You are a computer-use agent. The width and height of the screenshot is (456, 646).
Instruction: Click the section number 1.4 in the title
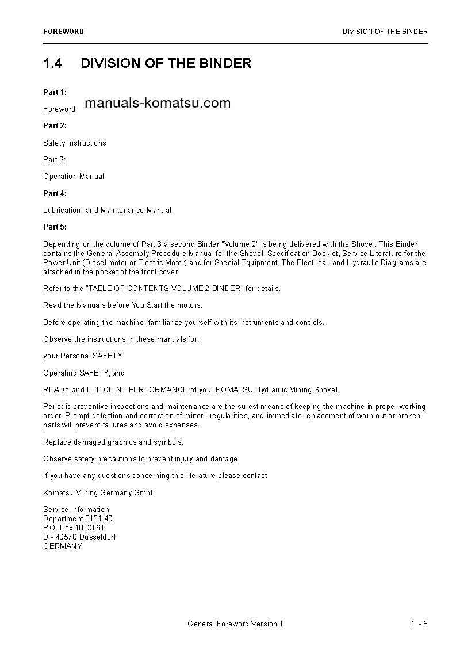(52, 63)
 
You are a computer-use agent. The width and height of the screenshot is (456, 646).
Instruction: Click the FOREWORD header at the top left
(63, 32)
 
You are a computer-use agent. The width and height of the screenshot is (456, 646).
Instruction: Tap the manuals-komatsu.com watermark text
(157, 103)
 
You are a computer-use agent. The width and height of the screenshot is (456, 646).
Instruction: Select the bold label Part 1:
(55, 92)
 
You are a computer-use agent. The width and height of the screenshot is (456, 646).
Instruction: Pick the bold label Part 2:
(55, 125)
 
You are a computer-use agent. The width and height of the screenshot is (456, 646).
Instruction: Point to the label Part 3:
(54, 159)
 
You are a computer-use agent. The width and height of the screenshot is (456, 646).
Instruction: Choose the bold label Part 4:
(55, 193)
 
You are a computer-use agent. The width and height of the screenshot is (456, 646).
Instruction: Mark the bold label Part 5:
(55, 227)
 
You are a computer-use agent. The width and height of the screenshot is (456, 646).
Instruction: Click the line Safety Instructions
(75, 143)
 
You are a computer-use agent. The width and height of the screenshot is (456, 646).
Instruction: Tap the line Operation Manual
(74, 177)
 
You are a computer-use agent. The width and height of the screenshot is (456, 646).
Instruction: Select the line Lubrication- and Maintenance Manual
(107, 211)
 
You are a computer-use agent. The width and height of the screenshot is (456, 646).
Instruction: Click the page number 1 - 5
(419, 624)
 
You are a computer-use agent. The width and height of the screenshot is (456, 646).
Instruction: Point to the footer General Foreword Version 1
(235, 624)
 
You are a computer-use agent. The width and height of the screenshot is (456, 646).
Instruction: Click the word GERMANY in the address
(63, 546)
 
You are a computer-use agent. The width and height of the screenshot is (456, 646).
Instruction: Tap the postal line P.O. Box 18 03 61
(74, 528)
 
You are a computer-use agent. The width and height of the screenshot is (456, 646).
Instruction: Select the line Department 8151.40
(78, 518)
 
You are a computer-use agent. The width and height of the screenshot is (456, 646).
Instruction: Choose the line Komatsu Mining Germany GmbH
(99, 492)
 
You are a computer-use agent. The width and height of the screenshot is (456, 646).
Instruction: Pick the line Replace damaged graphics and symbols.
(113, 442)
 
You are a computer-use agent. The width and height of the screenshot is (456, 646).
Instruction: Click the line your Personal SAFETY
(83, 356)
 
